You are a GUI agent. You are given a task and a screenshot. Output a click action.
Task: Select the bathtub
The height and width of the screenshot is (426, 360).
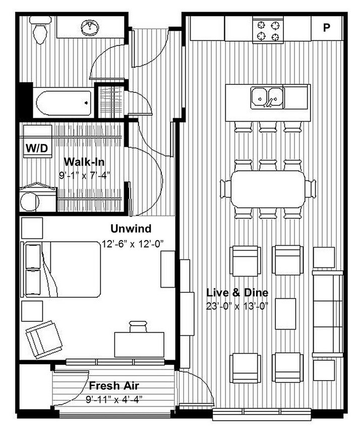(65, 103)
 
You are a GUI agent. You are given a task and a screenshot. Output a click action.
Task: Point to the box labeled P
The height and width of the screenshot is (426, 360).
(326, 27)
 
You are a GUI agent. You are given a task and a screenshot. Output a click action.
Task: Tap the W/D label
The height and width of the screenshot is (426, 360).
(37, 148)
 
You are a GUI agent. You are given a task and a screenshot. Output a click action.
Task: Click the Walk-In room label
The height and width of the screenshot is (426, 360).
(85, 163)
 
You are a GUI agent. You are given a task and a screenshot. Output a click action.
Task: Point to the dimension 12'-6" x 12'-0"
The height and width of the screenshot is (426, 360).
(134, 243)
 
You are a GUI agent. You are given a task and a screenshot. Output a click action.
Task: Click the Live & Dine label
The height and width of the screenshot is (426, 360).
(237, 293)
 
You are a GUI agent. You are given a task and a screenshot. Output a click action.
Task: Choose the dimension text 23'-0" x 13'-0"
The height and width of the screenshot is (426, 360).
(237, 305)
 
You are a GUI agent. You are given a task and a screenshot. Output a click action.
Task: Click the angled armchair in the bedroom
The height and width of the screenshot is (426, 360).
(44, 338)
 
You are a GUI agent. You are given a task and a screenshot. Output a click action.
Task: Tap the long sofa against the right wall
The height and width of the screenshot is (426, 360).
(327, 313)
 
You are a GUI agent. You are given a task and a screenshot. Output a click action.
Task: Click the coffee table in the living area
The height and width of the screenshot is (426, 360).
(285, 313)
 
